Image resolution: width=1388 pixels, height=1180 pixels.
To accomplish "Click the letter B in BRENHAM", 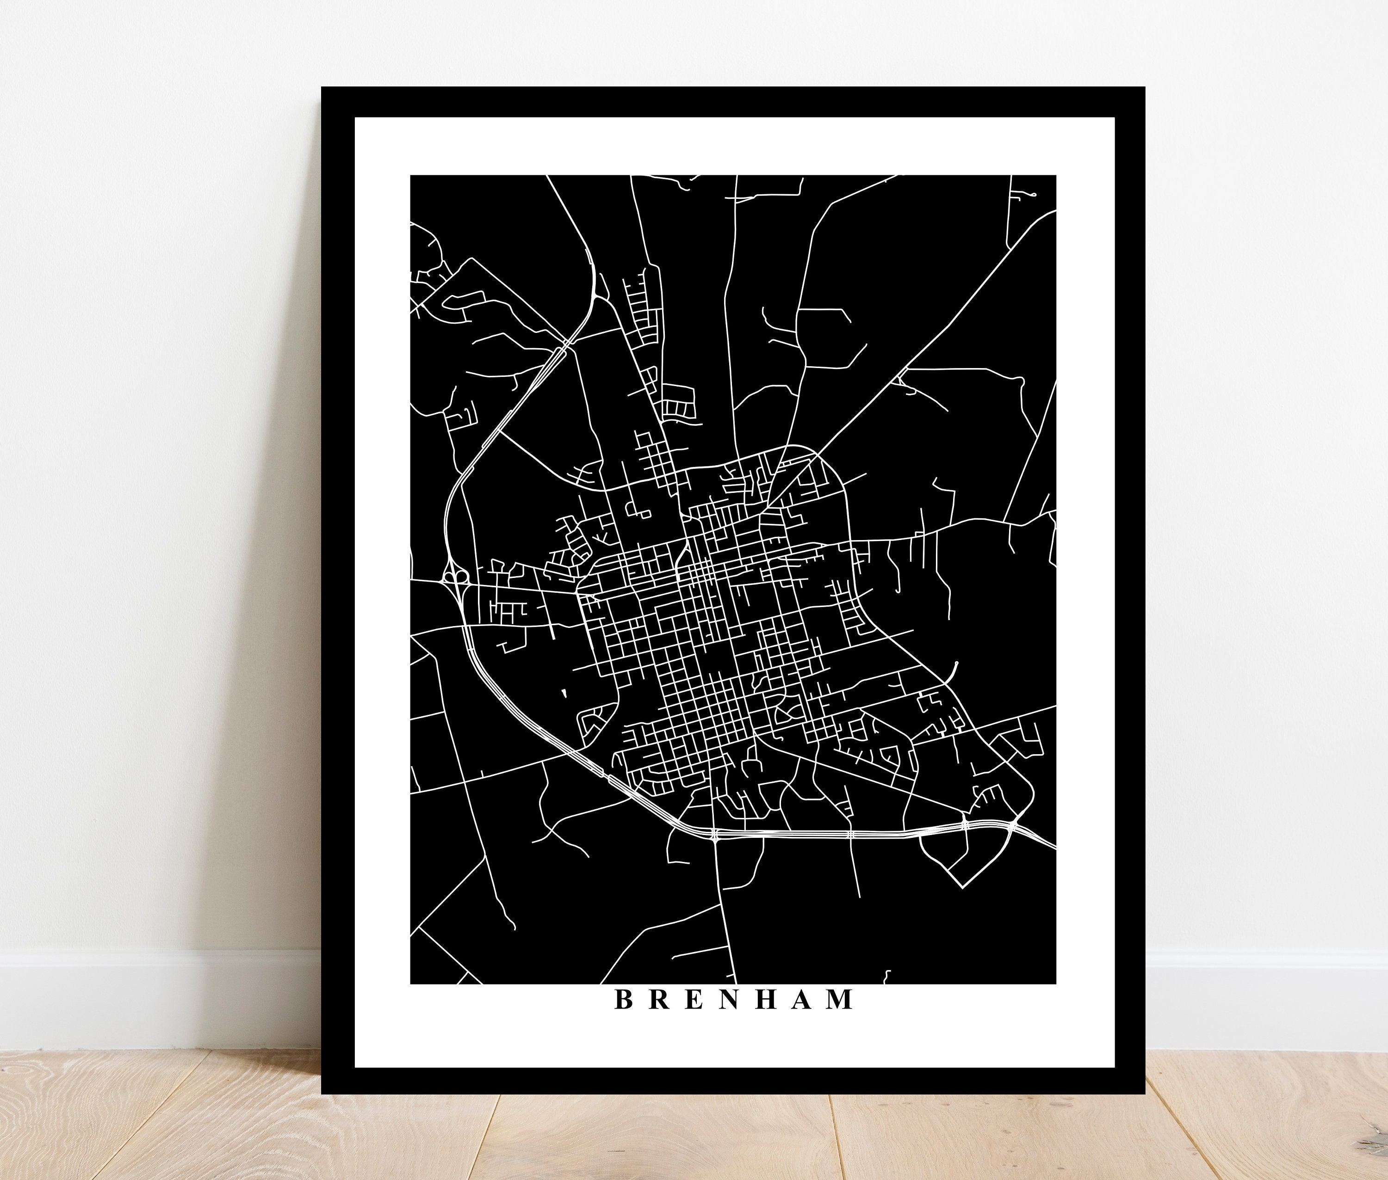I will pos(624,1019).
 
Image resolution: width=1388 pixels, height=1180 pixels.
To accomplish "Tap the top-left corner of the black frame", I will pos(323,89).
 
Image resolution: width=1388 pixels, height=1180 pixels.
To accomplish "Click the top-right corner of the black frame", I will pos(1143,89).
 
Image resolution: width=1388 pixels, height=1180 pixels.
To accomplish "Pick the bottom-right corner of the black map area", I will pos(1055,983).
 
